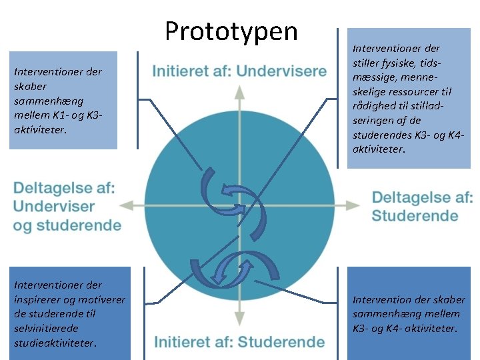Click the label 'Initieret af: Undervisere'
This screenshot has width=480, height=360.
pos(239,71)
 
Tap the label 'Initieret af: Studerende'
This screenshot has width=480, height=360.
pos(239,343)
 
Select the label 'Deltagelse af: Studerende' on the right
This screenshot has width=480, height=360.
pos(422,206)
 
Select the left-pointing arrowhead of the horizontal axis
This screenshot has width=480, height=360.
pos(133,205)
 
